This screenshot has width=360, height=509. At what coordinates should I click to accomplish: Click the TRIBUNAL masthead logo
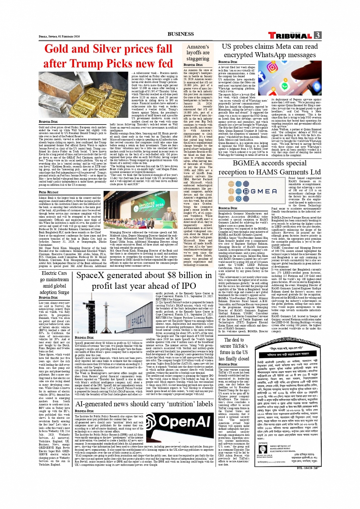[x=290, y=35]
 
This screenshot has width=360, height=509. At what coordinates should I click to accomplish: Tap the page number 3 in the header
[x=317, y=35]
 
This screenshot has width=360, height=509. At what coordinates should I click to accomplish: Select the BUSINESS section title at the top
[x=181, y=34]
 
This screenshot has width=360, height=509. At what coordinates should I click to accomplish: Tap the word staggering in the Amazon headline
[x=198, y=59]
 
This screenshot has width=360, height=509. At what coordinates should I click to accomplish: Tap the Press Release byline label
[x=48, y=192]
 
